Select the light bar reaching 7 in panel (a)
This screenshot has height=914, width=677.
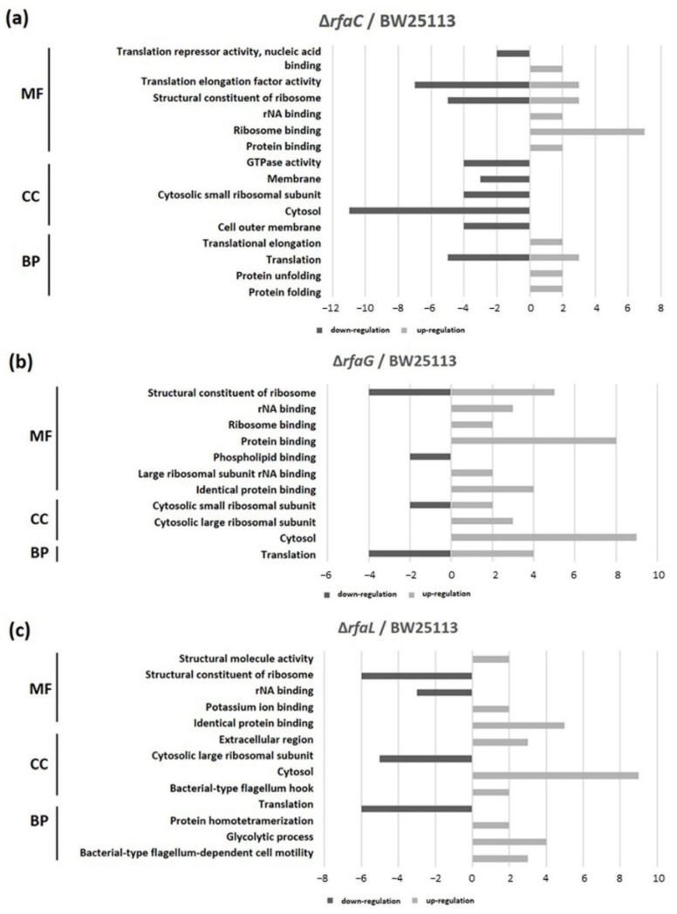(x=586, y=131)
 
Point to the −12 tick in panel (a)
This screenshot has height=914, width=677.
(x=330, y=308)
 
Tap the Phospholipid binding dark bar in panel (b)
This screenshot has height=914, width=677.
(x=430, y=456)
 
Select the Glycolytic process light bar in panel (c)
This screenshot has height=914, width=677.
(x=509, y=842)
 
